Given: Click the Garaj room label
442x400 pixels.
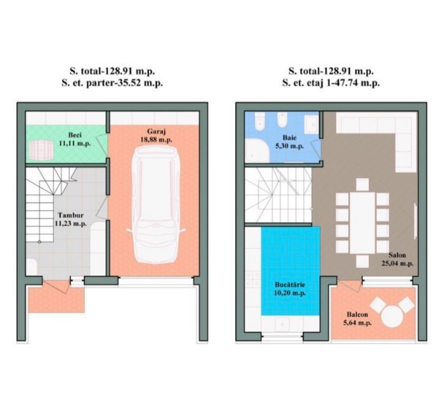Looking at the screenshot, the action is tap(156, 131).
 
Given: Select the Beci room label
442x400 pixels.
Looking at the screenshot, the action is tap(75, 135).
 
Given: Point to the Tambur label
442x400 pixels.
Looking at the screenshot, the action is tap(70, 215).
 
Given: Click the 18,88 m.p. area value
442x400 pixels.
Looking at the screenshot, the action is tap(156, 139).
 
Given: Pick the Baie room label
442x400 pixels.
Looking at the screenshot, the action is tap(290, 138).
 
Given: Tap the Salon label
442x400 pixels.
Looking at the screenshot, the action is tap(397, 255).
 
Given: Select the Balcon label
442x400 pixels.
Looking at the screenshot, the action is tap(357, 314).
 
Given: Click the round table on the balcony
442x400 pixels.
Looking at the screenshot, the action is tap(392, 317).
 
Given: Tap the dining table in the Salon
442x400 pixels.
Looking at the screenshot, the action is tap(362, 223).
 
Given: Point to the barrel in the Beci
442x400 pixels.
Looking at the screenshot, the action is tap(41, 150).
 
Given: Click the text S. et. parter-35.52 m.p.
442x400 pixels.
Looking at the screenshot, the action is tap(112, 84).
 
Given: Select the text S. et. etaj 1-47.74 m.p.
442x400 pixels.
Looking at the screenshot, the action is tap(331, 84).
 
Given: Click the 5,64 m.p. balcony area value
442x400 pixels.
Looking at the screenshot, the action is tap(357, 323).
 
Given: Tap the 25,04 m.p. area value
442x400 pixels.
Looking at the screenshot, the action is tap(397, 263).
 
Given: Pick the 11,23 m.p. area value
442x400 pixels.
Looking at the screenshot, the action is tap(70, 223).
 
